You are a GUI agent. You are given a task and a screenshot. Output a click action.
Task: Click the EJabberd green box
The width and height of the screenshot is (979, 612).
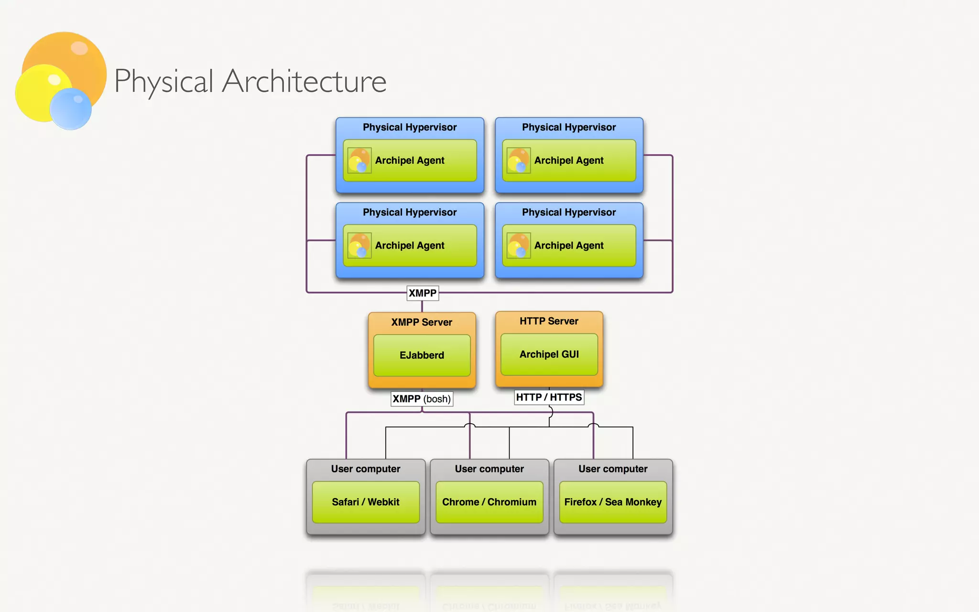tap(422, 355)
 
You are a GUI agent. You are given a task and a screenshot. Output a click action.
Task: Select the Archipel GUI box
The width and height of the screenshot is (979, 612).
tap(549, 354)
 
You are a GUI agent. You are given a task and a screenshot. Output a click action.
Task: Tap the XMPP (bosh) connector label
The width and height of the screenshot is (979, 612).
tap(422, 399)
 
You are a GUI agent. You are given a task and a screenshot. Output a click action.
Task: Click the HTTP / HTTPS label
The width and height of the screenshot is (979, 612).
tap(549, 397)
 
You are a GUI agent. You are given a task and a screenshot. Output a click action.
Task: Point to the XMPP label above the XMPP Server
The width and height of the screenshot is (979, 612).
tap(422, 293)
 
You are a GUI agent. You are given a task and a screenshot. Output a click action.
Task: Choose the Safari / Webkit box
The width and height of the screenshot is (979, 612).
tap(366, 502)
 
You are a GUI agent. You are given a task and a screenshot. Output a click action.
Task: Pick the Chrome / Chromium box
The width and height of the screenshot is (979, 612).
tap(489, 502)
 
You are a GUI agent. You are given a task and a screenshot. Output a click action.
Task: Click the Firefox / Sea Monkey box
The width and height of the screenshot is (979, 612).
tap(613, 502)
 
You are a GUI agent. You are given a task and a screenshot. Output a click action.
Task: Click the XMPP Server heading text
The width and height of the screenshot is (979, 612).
tap(422, 322)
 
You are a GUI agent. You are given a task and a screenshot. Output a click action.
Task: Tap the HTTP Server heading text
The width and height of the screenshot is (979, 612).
tap(549, 321)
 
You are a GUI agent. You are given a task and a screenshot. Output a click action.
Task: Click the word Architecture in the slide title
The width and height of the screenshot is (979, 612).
tap(305, 81)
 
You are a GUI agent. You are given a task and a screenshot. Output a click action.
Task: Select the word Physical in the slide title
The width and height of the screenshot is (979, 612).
tap(163, 81)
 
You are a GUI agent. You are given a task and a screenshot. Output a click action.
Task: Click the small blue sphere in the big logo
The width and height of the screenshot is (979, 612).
tap(71, 109)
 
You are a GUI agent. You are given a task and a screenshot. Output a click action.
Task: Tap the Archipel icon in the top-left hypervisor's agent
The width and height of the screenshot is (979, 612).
tap(359, 160)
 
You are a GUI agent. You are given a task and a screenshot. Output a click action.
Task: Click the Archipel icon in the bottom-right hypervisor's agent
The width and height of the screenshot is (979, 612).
tap(519, 245)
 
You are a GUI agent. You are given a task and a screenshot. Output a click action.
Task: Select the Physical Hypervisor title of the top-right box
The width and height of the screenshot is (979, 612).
tap(569, 127)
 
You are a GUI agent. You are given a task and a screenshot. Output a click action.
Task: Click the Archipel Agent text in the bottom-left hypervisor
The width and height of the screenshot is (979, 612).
tap(410, 245)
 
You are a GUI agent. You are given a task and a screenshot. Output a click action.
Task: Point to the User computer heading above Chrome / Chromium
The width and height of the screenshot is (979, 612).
tap(489, 469)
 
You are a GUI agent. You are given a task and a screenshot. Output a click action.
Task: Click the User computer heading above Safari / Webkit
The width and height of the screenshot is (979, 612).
tap(366, 469)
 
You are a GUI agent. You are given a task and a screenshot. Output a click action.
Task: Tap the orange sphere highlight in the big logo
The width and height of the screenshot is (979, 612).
tap(79, 48)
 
